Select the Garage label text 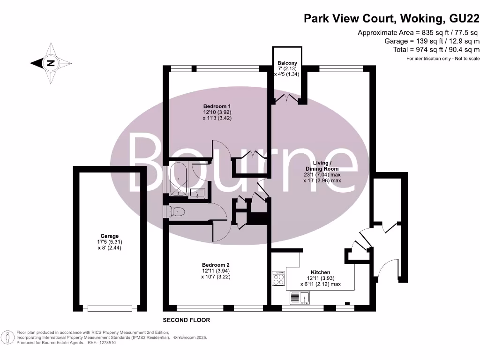(109, 236)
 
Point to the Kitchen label (320, 272)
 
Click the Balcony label (286, 62)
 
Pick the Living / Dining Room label (322, 166)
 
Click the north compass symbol (51, 63)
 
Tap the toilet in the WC (177, 212)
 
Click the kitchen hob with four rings (278, 279)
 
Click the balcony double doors (286, 98)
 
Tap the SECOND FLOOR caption (186, 320)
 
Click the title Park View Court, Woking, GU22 (391, 18)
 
